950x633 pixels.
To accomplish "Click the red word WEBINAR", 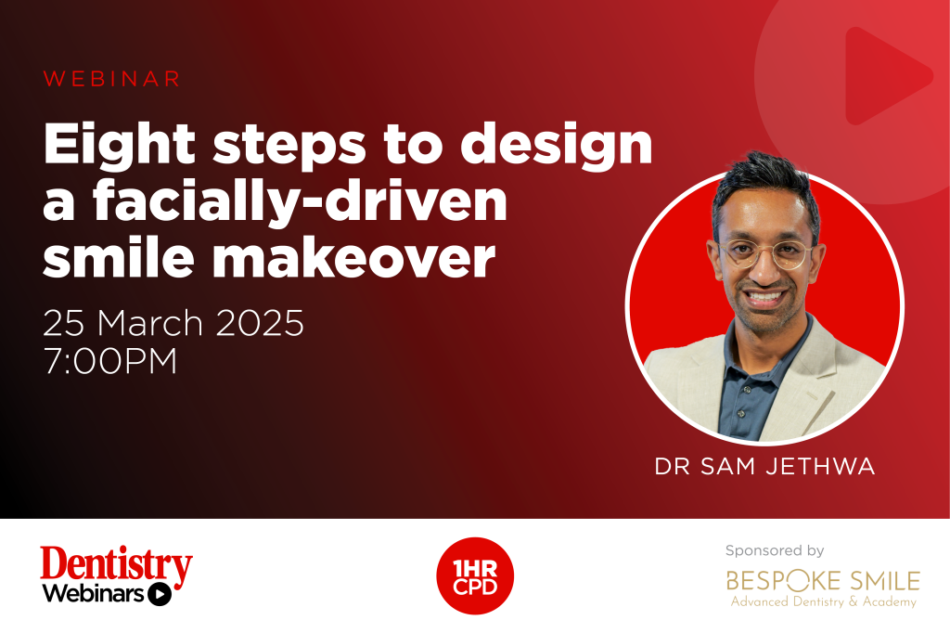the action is (x=112, y=79).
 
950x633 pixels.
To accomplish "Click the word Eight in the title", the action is (x=120, y=145).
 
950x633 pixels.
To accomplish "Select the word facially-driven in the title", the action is (x=300, y=203).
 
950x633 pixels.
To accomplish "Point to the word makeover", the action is (x=353, y=257).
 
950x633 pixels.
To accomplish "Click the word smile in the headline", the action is (x=119, y=257).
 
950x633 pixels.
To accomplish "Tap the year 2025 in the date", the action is (x=260, y=323).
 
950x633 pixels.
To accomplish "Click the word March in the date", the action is (x=149, y=323).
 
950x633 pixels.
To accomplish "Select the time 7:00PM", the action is (x=110, y=361).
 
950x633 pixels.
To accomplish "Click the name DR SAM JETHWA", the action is (x=764, y=466).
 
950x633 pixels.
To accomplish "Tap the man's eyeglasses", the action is (x=765, y=252).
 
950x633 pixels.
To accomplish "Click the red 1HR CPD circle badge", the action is (x=475, y=576).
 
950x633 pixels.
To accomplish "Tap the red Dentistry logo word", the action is (x=116, y=565).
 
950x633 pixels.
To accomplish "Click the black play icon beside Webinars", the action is (x=160, y=594).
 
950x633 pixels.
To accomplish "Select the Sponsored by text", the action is (x=775, y=550).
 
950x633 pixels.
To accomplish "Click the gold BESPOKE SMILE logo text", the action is (x=823, y=581).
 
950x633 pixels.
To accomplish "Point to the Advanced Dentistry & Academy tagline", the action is (x=824, y=601).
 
